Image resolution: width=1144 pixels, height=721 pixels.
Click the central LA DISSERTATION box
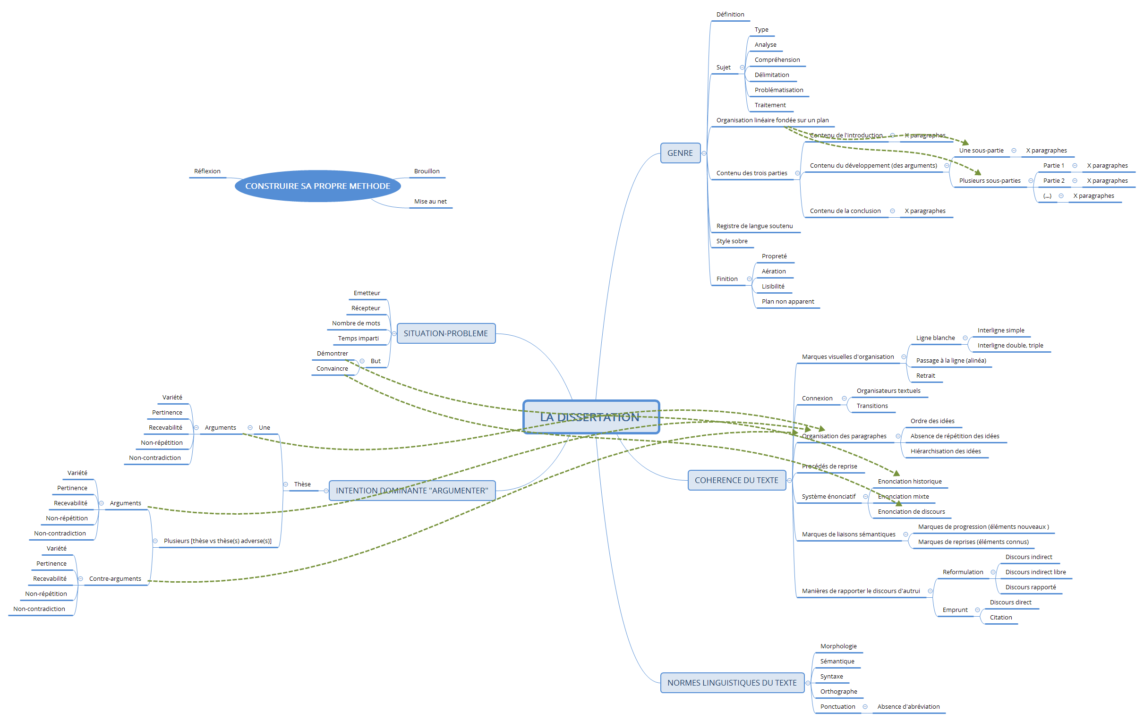pyautogui.click(x=590, y=416)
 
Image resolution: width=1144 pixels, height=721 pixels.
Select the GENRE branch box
pyautogui.click(x=680, y=153)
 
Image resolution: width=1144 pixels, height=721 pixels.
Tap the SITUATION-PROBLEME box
pyautogui.click(x=445, y=333)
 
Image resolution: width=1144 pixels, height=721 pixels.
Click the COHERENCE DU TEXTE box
pyautogui.click(x=736, y=480)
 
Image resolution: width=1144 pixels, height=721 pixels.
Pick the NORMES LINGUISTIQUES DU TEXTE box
pyautogui.click(x=732, y=683)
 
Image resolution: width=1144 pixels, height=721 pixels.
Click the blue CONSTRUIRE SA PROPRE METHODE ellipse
pyautogui.click(x=317, y=186)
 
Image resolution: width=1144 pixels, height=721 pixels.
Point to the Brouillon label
pyautogui.click(x=427, y=171)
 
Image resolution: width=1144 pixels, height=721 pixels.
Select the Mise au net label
pyautogui.click(x=430, y=202)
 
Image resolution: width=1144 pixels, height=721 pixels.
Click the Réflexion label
pyautogui.click(x=207, y=171)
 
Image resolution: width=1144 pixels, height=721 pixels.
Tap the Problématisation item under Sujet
pyautogui.click(x=779, y=90)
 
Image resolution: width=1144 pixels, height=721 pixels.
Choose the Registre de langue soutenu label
pyautogui.click(x=754, y=226)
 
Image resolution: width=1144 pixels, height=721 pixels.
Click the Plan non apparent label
pyautogui.click(x=788, y=302)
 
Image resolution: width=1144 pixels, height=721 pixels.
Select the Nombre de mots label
pyautogui.click(x=356, y=323)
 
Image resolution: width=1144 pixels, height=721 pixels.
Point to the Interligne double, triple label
pyautogui.click(x=1010, y=345)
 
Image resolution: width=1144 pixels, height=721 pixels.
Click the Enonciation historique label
pyautogui.click(x=909, y=482)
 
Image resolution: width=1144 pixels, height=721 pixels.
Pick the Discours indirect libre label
pyautogui.click(x=1035, y=572)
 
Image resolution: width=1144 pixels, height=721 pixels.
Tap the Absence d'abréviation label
pyautogui.click(x=908, y=707)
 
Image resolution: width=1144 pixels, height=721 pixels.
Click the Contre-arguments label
pyautogui.click(x=115, y=579)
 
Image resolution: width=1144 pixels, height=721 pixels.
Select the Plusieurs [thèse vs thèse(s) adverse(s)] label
pyautogui.click(x=218, y=541)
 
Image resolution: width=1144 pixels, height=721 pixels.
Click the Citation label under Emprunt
pyautogui.click(x=1000, y=618)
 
